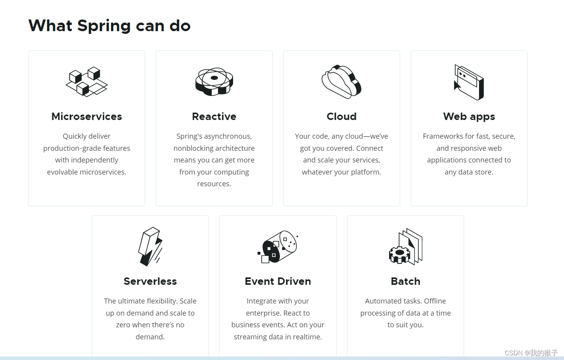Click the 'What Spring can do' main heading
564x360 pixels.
(x=110, y=26)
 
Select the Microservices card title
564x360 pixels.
(x=87, y=116)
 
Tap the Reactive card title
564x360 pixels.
(x=214, y=116)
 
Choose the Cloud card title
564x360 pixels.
(x=341, y=116)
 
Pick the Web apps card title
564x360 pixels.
(x=469, y=116)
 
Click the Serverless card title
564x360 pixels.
(x=150, y=281)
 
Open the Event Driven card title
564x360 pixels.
(x=278, y=281)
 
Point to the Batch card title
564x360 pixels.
(x=405, y=281)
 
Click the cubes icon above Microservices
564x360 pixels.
(x=87, y=81)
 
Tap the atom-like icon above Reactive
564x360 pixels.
(x=214, y=81)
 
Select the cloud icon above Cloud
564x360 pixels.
(x=341, y=81)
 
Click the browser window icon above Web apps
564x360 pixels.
(x=469, y=82)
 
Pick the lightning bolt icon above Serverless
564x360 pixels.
(x=150, y=246)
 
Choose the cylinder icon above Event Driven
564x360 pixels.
(x=278, y=247)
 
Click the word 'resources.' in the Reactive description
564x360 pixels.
(x=214, y=184)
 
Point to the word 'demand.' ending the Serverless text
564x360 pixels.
(x=150, y=337)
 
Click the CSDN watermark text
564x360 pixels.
(x=531, y=353)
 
